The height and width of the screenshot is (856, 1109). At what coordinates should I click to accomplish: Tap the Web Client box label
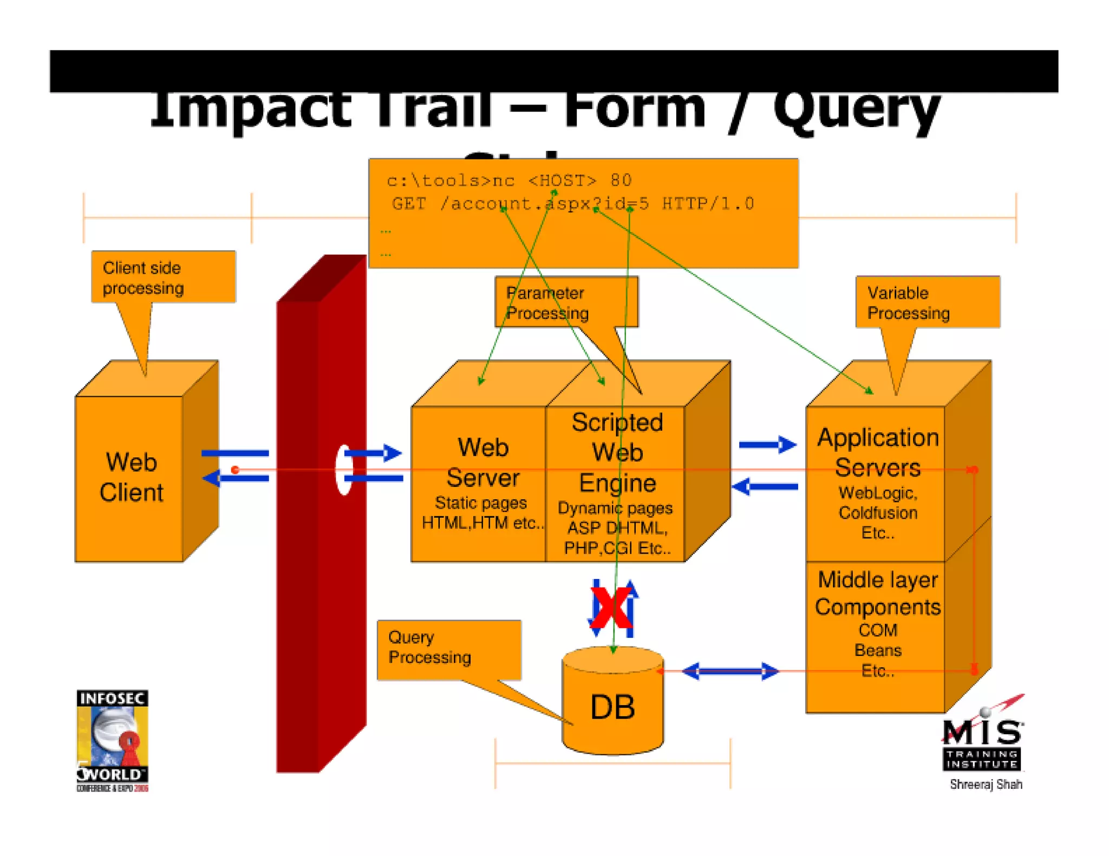point(131,477)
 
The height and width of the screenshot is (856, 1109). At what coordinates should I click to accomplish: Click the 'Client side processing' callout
point(162,277)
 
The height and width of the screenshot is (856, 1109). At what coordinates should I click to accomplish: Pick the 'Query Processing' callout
point(448,648)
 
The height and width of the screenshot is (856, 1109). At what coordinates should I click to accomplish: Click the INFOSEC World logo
point(112,740)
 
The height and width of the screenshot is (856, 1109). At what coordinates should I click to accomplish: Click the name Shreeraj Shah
point(986,784)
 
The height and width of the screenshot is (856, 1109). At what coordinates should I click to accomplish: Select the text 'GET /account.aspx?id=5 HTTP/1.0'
point(572,204)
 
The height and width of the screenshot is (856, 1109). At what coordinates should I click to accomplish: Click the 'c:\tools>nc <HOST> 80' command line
point(508,180)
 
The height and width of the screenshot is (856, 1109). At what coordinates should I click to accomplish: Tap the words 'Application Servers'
point(877,452)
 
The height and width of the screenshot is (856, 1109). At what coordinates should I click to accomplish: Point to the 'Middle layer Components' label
point(877,593)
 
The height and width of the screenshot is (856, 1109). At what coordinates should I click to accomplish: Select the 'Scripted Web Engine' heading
point(617,452)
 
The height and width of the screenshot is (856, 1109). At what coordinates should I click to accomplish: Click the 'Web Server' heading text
point(482,463)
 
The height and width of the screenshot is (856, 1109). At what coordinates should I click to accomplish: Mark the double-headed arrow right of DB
point(729,671)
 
